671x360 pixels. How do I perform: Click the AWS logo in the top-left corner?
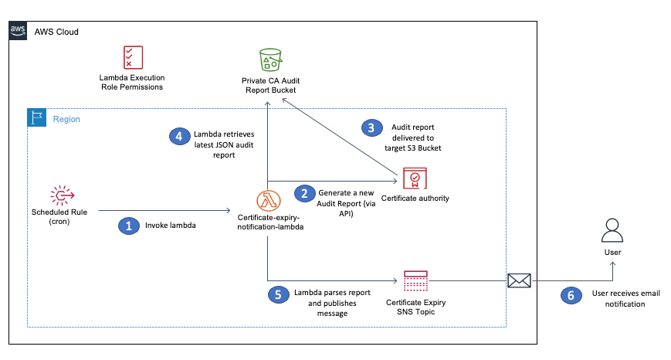[x=18, y=32]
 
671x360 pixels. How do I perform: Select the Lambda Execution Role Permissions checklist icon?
[x=132, y=58]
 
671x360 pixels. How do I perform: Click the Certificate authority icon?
[x=415, y=179]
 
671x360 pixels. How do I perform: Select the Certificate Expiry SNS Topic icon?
[x=415, y=282]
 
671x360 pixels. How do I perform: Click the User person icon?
[x=612, y=231]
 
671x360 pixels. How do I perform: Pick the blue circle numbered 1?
[x=127, y=226]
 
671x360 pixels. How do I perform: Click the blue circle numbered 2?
[x=304, y=193]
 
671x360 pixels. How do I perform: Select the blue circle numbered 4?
[x=179, y=136]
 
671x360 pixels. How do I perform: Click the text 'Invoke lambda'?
[x=170, y=226]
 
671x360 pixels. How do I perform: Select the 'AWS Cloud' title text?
[x=56, y=32]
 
